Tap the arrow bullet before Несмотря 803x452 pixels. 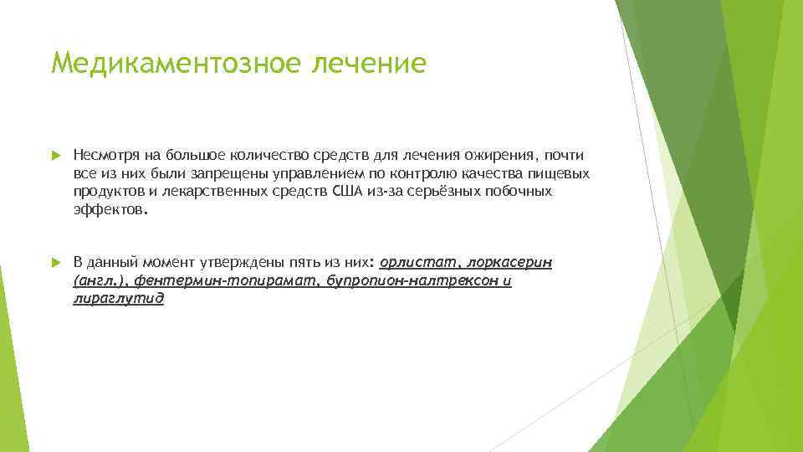coord(56,156)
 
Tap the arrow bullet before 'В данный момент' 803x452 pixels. coord(56,263)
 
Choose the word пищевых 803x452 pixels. coord(562,174)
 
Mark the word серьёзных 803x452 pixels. coord(433,193)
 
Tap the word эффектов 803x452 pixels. coord(109,211)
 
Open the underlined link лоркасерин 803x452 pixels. coord(511,263)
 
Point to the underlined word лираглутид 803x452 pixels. coord(119,300)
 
